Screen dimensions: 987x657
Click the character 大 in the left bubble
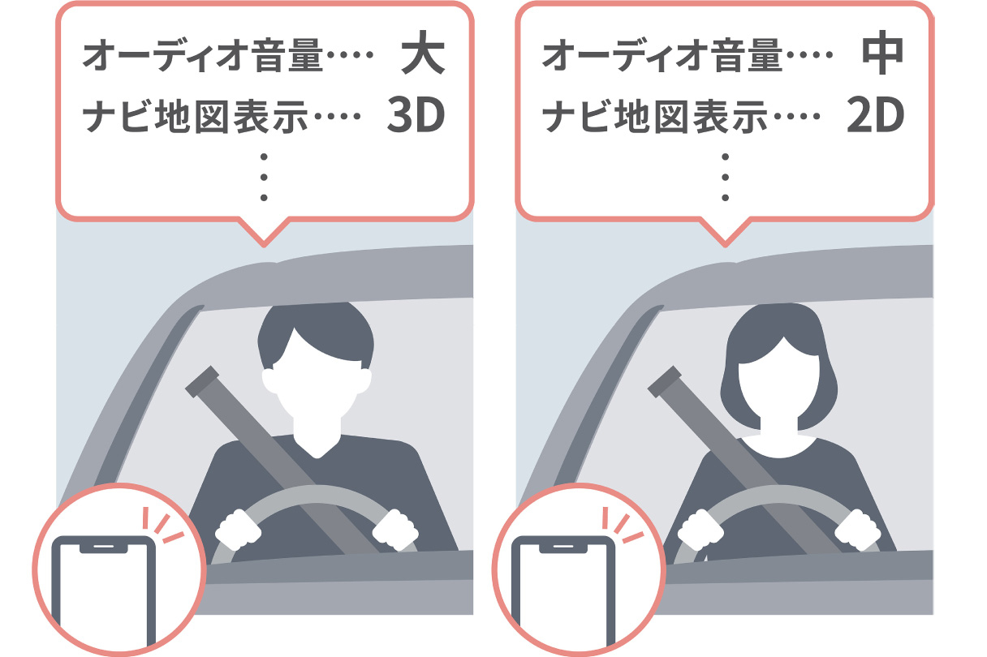point(423,52)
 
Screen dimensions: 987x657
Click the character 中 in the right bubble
point(882,52)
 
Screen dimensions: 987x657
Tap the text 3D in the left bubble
point(416,115)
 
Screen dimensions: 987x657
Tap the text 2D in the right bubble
point(876,115)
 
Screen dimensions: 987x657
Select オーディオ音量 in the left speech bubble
point(203,55)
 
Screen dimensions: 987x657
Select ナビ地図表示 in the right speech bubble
point(655,117)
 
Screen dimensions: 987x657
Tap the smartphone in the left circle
point(104,590)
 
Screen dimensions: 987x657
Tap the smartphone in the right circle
point(563,590)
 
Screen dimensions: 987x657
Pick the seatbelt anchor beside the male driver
point(202,381)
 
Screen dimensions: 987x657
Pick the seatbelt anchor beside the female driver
point(665,381)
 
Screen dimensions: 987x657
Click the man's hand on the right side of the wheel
point(394,530)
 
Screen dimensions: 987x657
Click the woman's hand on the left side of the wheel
point(700,530)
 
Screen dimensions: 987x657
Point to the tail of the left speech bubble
point(264,233)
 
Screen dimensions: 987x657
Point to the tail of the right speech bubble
point(725,233)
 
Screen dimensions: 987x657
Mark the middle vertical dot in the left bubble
point(264,177)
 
